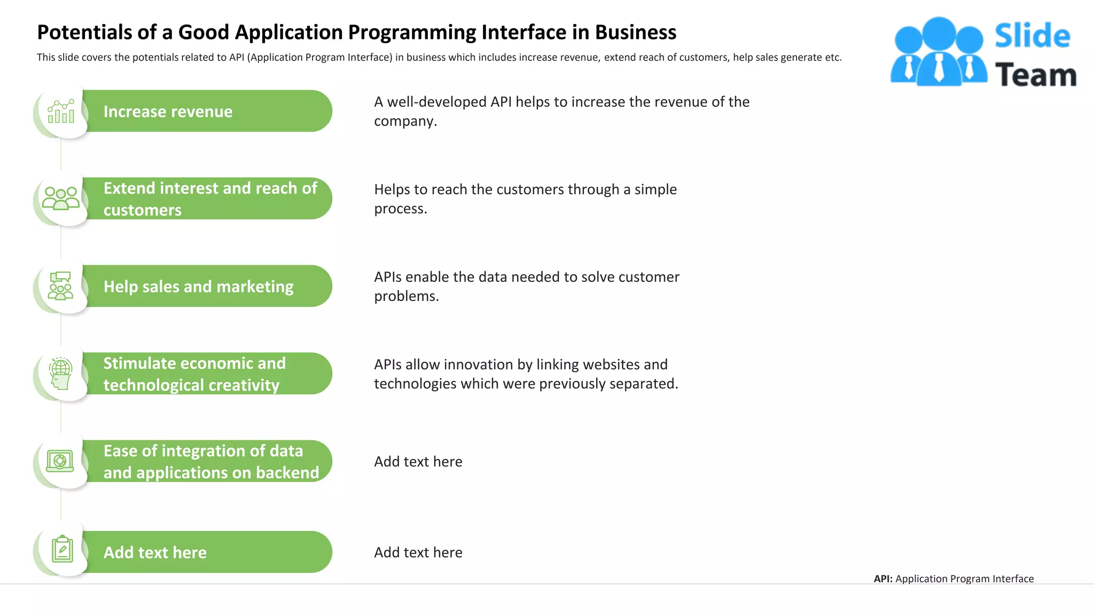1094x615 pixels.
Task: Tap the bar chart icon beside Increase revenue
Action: coord(61,111)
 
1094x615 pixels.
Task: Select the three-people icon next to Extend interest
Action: coord(61,199)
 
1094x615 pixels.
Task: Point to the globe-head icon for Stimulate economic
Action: coord(61,373)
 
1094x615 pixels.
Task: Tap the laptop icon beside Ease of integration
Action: coord(60,461)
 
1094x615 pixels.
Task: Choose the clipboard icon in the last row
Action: coord(62,549)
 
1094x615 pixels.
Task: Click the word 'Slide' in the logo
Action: coord(1032,36)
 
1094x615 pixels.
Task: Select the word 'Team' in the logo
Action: coord(1035,75)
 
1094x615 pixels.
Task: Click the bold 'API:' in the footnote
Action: coord(883,579)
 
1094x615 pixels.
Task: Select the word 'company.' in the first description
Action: coord(405,121)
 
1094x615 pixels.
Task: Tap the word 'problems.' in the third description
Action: coord(406,296)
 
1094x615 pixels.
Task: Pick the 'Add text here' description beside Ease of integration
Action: coord(418,462)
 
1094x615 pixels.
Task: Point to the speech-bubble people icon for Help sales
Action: coord(60,286)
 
